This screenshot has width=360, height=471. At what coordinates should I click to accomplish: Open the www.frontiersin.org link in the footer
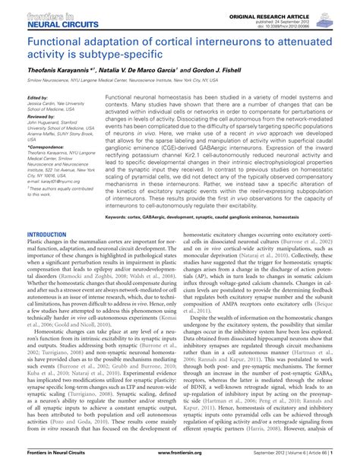(x=179, y=461)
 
